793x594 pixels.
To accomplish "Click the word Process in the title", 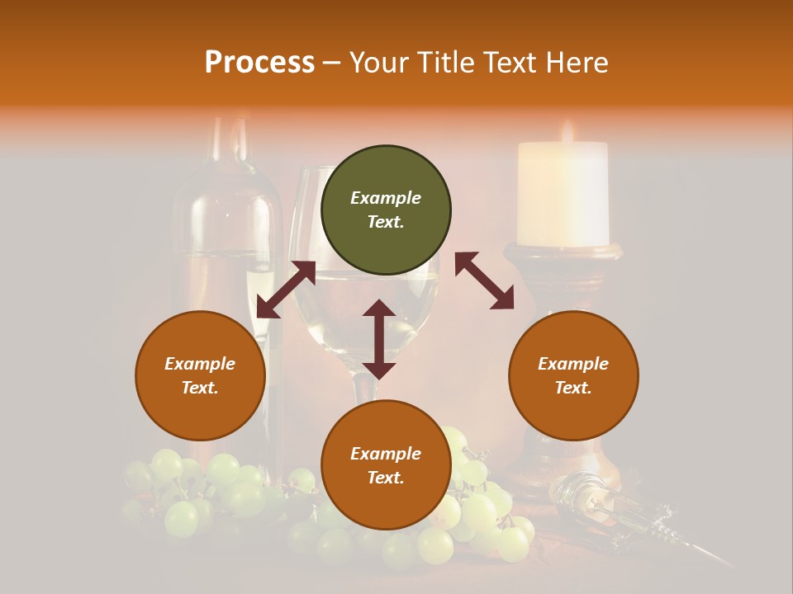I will click(x=259, y=62).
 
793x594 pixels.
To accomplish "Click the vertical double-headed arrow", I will click(x=379, y=339).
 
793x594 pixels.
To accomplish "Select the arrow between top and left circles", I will click(x=286, y=290).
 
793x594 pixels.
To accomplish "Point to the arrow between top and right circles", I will click(x=484, y=280).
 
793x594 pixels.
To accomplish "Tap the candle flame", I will click(x=567, y=130).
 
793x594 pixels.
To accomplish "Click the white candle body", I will click(x=563, y=194).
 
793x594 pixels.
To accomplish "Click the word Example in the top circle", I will click(x=386, y=198).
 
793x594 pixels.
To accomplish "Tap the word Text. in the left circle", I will click(x=200, y=388).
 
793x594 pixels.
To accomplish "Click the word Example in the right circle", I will click(x=573, y=364).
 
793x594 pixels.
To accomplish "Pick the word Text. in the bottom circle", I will click(x=386, y=478).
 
